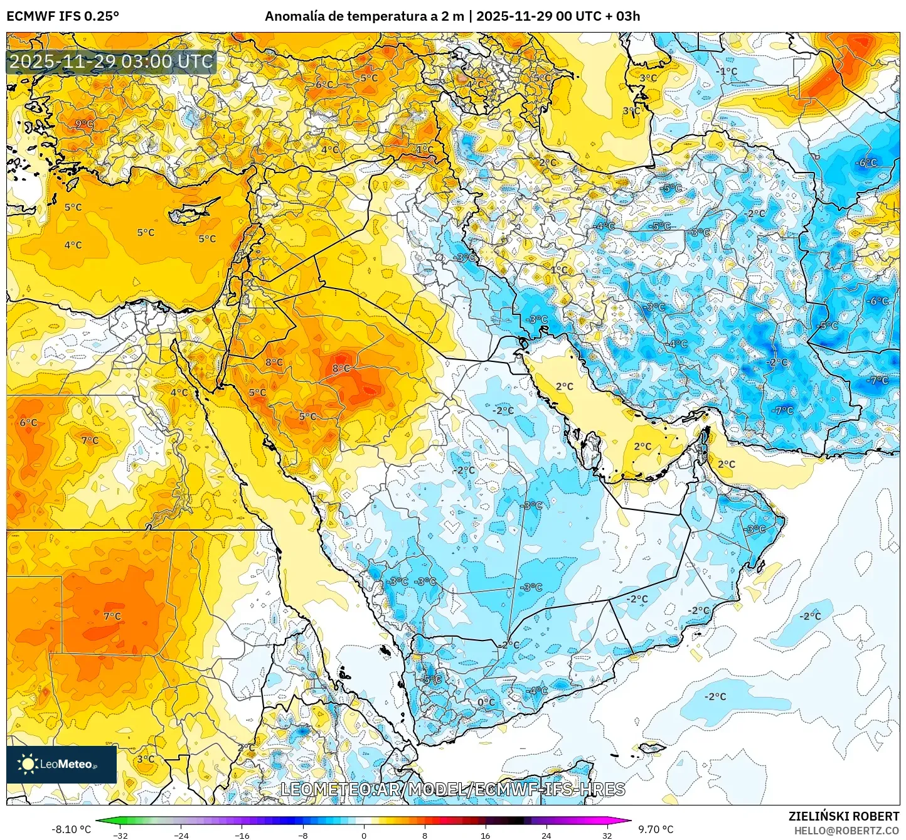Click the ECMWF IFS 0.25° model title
click(63, 16)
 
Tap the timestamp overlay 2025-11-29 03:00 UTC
click(111, 61)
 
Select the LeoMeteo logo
click(61, 764)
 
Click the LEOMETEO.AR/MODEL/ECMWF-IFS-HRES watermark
click(452, 789)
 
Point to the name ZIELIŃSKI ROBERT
click(843, 816)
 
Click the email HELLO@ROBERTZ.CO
click(846, 831)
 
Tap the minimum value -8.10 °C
click(71, 829)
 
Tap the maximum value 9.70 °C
click(656, 829)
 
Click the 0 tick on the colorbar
click(364, 835)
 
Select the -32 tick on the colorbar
click(120, 835)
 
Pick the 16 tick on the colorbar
click(485, 835)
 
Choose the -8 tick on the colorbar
click(303, 835)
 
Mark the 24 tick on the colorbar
click(546, 835)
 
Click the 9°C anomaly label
click(84, 124)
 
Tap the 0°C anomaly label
click(486, 702)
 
